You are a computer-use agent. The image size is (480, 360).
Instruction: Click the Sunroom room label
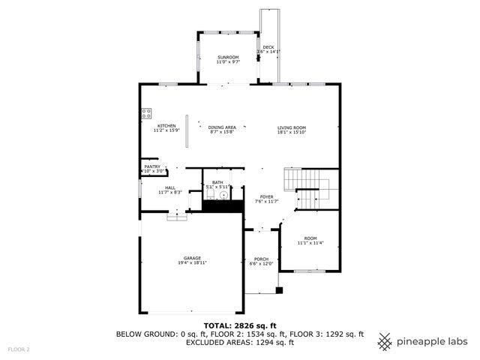[228, 58]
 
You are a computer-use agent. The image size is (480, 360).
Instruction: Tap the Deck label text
[268, 47]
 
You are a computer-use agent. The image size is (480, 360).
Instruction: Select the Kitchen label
[166, 125]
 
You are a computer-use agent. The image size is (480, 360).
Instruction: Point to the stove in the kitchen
[145, 114]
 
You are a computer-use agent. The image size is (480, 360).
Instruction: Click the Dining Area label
[222, 127]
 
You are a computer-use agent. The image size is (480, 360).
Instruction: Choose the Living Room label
[292, 127]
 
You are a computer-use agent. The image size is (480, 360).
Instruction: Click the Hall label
[170, 187]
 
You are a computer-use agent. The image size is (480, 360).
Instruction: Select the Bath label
[217, 181]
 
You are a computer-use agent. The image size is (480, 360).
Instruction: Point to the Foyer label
[266, 196]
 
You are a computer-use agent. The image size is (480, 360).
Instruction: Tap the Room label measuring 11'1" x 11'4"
[310, 238]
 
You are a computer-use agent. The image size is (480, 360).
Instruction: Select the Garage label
[193, 258]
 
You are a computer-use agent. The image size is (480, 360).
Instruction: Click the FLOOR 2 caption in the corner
[19, 349]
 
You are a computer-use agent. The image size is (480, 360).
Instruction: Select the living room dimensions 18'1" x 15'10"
[292, 132]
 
